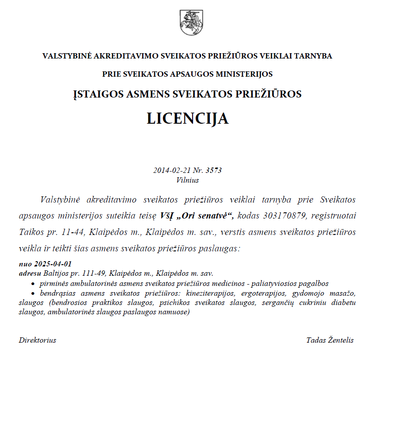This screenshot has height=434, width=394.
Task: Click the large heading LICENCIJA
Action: click(188, 118)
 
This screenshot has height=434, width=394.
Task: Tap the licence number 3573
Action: click(214, 170)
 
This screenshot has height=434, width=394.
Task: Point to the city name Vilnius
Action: click(187, 180)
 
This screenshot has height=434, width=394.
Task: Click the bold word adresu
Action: click(30, 273)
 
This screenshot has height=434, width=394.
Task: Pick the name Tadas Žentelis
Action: click(330, 340)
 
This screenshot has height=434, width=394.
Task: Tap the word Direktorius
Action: click(38, 340)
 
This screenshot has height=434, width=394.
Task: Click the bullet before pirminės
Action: click(33, 284)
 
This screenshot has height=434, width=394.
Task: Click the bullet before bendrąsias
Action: click(33, 294)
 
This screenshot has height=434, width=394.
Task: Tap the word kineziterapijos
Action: click(211, 293)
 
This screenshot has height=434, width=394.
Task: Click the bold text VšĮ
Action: click(169, 216)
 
